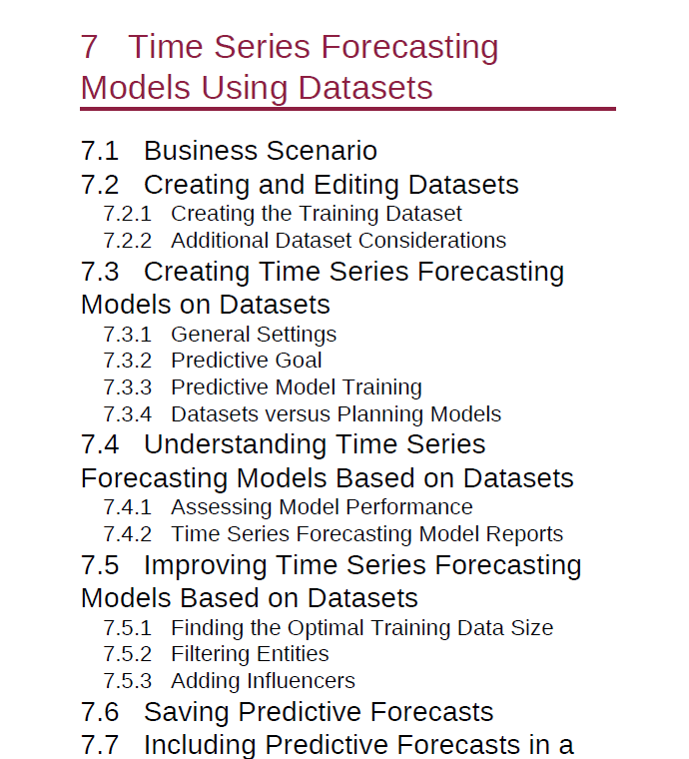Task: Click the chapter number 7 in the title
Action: coord(90,47)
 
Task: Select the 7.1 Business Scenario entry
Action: coord(229,151)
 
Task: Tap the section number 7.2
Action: coord(100,185)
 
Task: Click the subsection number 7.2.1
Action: coord(127,214)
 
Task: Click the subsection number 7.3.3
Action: coord(127,387)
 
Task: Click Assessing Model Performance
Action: coord(322,507)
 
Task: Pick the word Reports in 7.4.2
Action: coord(524,534)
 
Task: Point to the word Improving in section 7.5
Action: coord(205,565)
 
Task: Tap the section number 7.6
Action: coord(100,712)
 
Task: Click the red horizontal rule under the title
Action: coord(347,109)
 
